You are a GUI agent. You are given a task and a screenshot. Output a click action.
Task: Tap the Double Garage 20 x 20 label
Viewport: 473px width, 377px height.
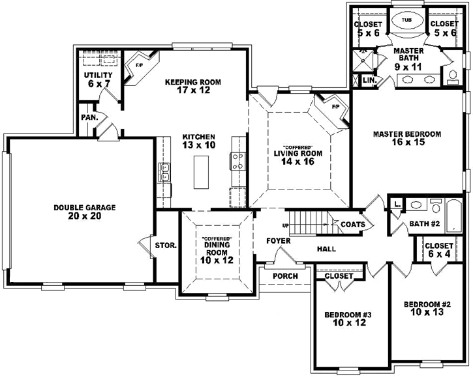click(x=85, y=212)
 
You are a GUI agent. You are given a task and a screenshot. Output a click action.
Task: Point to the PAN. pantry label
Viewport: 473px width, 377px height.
click(x=89, y=118)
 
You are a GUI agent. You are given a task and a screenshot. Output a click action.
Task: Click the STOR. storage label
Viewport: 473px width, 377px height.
click(x=166, y=245)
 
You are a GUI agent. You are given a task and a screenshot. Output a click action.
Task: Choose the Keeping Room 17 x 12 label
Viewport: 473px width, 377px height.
click(x=192, y=86)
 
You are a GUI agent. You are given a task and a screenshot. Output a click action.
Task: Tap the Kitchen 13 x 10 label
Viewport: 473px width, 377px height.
click(x=199, y=141)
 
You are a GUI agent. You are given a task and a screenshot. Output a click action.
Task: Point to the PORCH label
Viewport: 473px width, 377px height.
click(x=286, y=276)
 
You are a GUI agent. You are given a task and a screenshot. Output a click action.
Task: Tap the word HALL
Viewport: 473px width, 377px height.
click(x=326, y=249)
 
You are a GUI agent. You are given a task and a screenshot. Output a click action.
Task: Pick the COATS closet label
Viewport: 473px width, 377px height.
click(x=357, y=225)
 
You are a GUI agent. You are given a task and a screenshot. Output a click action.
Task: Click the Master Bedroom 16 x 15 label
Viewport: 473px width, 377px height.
click(x=406, y=138)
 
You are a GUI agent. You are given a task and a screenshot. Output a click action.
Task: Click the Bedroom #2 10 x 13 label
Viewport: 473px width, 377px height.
click(x=427, y=308)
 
